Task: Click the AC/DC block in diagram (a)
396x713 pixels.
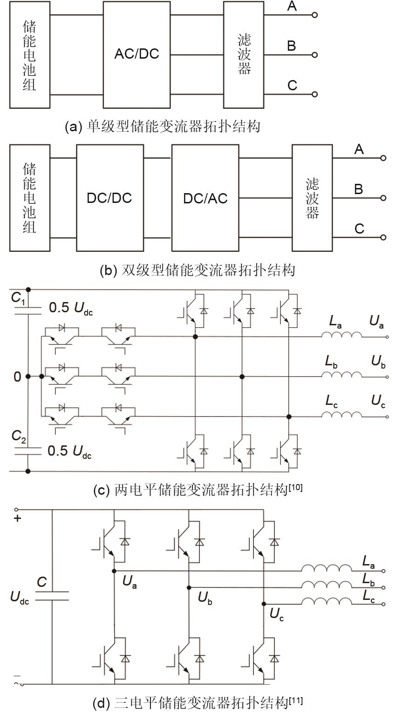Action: [137, 54]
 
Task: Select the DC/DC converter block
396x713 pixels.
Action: [109, 198]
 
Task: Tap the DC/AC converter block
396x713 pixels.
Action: [205, 198]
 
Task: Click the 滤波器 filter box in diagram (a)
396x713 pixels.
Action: [244, 54]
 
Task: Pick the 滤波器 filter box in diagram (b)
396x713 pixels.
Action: [312, 198]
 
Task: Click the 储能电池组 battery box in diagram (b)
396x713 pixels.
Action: [29, 198]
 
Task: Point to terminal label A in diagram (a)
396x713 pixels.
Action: [292, 7]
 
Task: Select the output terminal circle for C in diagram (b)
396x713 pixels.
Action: [383, 237]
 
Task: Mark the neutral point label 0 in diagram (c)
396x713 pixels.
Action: [17, 377]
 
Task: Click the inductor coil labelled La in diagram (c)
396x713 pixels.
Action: [341, 336]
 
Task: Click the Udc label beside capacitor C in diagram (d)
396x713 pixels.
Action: [20, 598]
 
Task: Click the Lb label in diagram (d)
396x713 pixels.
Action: [368, 579]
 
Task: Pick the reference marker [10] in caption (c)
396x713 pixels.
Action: [295, 487]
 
